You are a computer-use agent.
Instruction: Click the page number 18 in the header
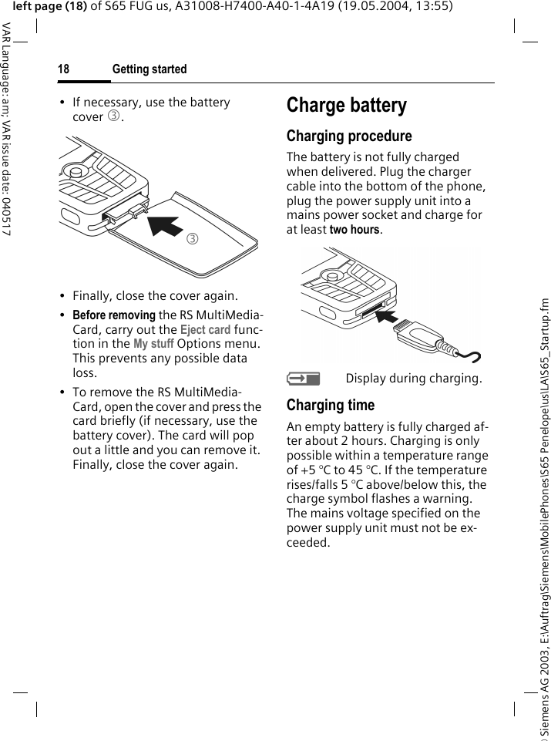coord(63,69)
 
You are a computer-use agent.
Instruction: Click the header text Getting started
coord(150,69)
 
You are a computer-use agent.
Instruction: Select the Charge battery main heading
coord(346,106)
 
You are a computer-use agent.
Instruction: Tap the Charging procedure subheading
coord(349,136)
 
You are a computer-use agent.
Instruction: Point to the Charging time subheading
coord(330,405)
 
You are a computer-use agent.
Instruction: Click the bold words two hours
coord(354,230)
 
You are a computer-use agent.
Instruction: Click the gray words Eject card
coord(205,330)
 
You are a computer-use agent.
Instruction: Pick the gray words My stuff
coord(153,344)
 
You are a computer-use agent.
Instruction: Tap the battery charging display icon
coord(301,378)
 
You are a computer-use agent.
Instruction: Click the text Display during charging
coord(414,379)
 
